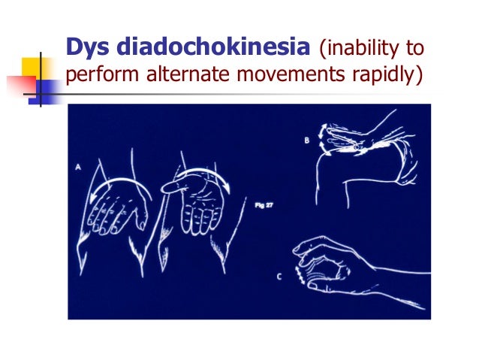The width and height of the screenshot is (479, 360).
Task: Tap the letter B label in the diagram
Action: click(307, 140)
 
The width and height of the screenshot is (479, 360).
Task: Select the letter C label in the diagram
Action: click(278, 277)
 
